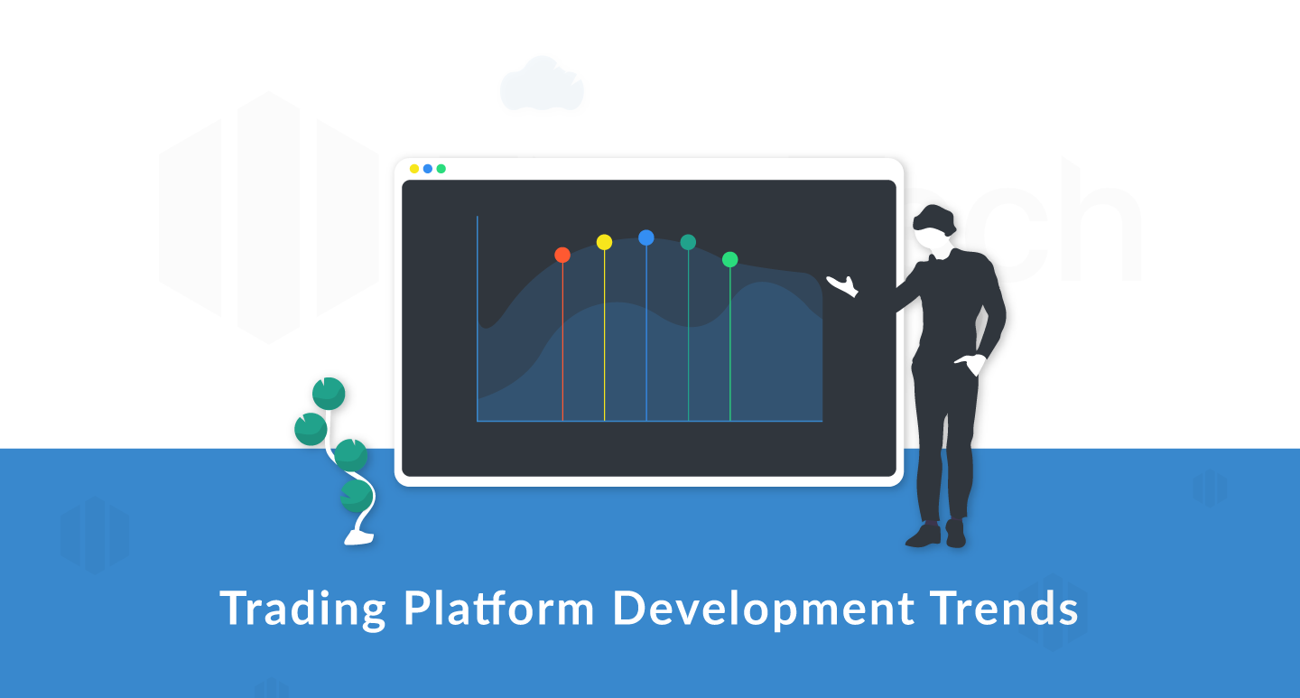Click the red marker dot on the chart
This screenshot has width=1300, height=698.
(x=562, y=255)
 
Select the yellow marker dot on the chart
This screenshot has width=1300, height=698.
(x=604, y=242)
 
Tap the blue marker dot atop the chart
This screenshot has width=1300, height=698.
(x=646, y=237)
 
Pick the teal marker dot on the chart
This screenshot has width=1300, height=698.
(x=688, y=242)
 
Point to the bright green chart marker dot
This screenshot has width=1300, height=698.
(x=729, y=259)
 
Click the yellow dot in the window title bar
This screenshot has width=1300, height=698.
(x=414, y=169)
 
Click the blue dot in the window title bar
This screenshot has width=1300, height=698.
(x=428, y=169)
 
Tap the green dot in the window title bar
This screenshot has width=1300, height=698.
(x=441, y=169)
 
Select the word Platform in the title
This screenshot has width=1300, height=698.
(x=499, y=608)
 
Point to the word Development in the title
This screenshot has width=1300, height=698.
(x=764, y=610)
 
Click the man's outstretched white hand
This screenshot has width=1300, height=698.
(x=843, y=285)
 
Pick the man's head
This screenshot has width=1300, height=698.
(x=933, y=228)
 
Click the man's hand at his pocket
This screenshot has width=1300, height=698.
(x=971, y=364)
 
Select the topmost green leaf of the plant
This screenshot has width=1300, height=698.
(x=329, y=394)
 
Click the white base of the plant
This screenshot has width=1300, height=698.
(x=359, y=538)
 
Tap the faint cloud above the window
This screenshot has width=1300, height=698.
(x=542, y=84)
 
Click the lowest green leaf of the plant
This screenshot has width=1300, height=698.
(x=356, y=496)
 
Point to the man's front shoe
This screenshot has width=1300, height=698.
(x=924, y=535)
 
